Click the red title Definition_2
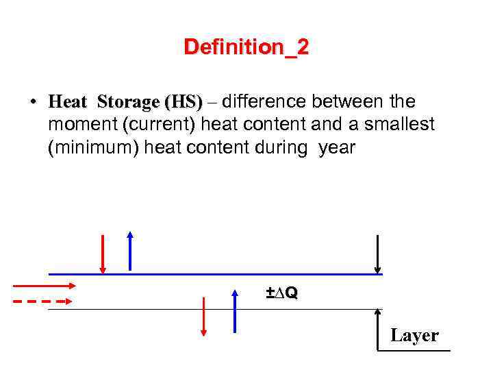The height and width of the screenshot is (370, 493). [246, 47]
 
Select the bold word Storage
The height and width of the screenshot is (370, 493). [128, 103]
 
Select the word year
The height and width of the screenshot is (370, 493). [337, 147]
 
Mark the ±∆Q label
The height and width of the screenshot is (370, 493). [281, 293]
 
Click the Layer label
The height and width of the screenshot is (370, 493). [414, 335]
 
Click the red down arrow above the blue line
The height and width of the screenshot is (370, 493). [103, 254]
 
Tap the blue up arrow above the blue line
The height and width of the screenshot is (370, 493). [129, 251]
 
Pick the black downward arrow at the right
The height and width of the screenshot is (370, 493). [377, 254]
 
